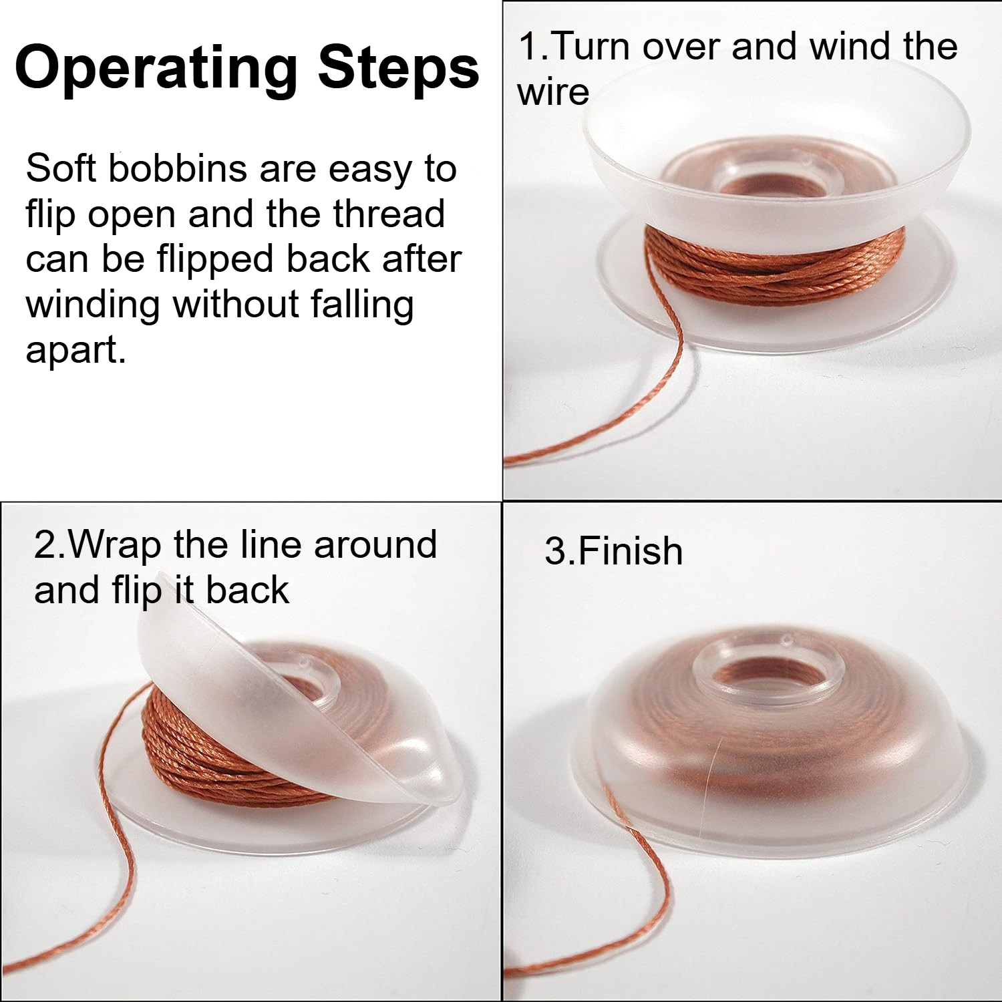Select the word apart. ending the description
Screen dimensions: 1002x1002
pos(75,349)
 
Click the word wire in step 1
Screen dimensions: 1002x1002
pos(553,92)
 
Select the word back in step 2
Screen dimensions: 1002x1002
pos(247,590)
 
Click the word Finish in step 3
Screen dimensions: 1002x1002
pos(631,552)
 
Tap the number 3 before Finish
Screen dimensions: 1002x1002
pos(556,552)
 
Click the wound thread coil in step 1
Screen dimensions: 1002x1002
pos(775,264)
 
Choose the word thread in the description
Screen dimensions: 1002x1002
pos(389,214)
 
